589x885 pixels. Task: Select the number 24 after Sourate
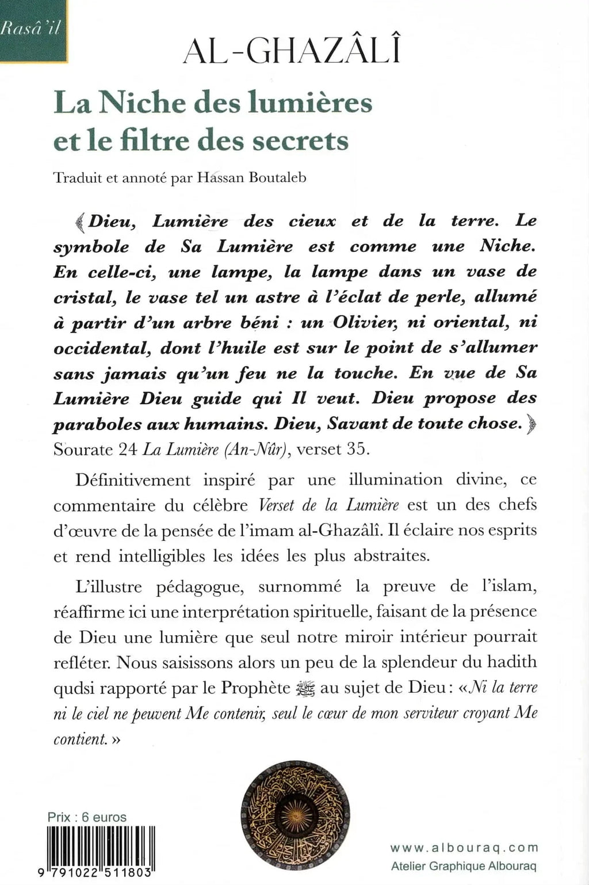coord(127,449)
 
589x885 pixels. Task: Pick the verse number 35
coord(356,449)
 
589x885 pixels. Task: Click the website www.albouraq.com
coord(464,847)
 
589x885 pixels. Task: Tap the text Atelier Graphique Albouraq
coord(464,866)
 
